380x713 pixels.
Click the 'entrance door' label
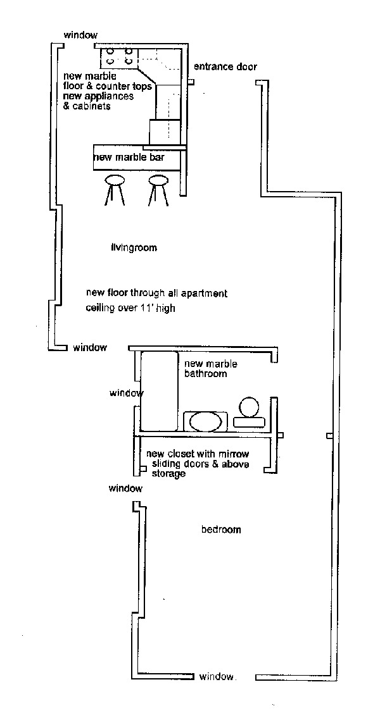coord(225,66)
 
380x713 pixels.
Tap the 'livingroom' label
coord(134,247)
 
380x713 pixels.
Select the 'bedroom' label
coord(221,530)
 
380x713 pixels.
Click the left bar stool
coord(115,189)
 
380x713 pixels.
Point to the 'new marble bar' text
coord(129,157)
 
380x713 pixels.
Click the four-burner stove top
coord(119,56)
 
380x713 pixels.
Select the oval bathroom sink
coord(205,421)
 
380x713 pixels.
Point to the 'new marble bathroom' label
coord(205,369)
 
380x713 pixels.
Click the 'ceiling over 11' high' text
coord(130,309)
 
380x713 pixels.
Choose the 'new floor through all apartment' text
coord(156,293)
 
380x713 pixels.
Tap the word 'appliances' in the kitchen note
coord(111,97)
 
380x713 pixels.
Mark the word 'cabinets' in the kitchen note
coord(92,106)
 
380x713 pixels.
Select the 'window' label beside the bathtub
coord(126,393)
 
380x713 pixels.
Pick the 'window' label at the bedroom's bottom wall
coord(217,676)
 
